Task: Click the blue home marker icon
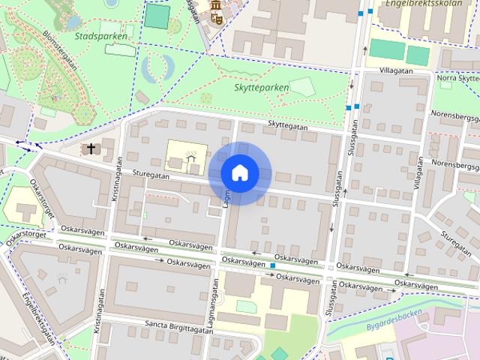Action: [239, 173]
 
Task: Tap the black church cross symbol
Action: [92, 148]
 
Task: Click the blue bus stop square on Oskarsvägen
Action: [274, 266]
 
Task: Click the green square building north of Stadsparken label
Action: [157, 16]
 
